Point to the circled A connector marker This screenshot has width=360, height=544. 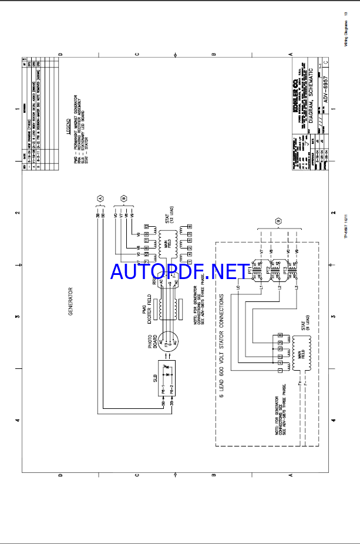click(x=100, y=199)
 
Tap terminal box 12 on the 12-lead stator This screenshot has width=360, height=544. click(x=146, y=226)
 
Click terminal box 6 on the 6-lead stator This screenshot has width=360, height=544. click(x=281, y=335)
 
